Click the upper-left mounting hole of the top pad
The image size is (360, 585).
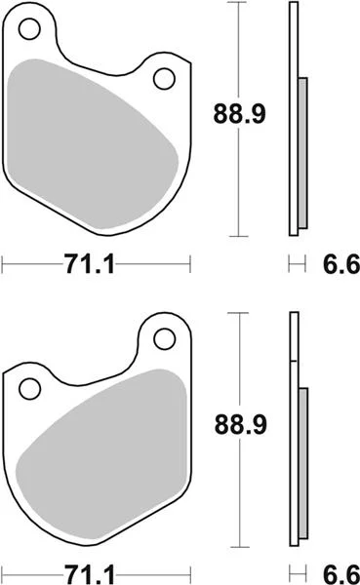(x=29, y=28)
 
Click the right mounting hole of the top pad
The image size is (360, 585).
(x=164, y=79)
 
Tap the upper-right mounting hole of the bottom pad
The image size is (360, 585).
(x=164, y=338)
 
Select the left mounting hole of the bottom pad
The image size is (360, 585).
(x=29, y=388)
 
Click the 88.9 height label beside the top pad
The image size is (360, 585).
(x=239, y=114)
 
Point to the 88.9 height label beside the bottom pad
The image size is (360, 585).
(x=241, y=424)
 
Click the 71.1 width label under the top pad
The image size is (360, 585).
(x=89, y=264)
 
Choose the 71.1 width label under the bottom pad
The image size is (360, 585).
(x=89, y=574)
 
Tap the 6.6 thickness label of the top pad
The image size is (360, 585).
(x=340, y=264)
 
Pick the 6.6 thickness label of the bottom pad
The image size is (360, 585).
(x=340, y=574)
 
